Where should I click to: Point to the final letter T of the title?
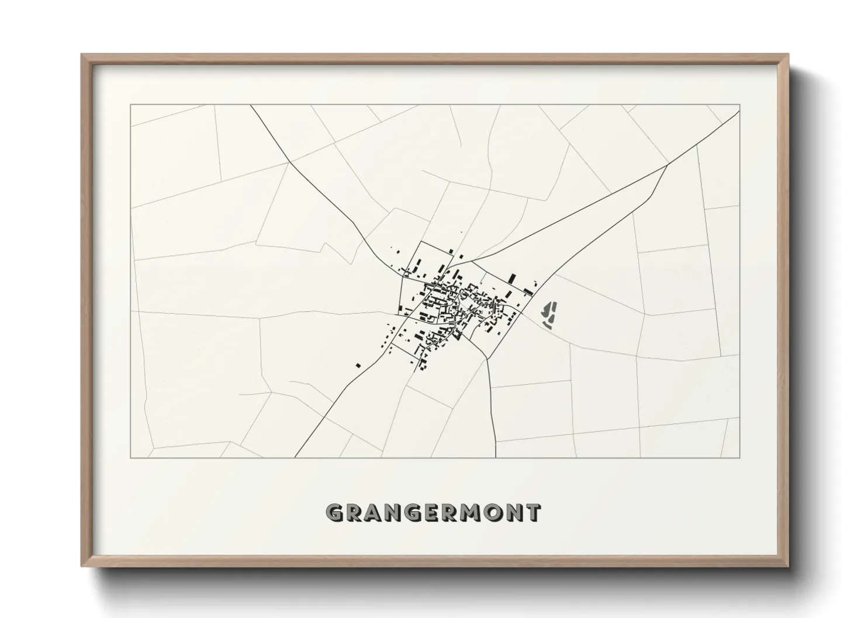point(533,513)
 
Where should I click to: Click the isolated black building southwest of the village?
point(358,366)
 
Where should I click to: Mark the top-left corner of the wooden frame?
point(82,55)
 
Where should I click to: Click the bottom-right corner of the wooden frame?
point(788,567)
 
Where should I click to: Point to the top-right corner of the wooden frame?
point(788,55)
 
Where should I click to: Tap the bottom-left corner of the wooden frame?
point(82,567)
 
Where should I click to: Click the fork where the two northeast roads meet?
point(667,165)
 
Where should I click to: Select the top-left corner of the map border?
point(130,105)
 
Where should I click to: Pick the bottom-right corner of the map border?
point(740,457)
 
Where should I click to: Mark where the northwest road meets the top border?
point(250,105)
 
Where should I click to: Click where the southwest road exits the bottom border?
point(295,457)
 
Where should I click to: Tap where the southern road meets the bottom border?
point(496,457)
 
